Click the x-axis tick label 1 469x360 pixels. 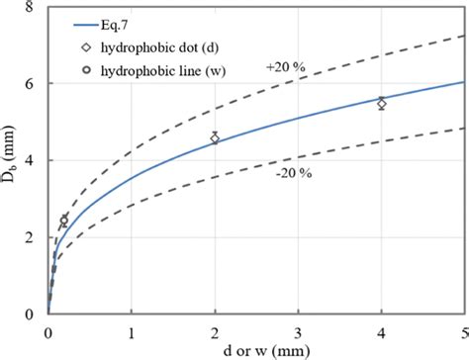coord(132,328)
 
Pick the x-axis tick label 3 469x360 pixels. coord(299,328)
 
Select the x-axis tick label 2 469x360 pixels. coord(215,328)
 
